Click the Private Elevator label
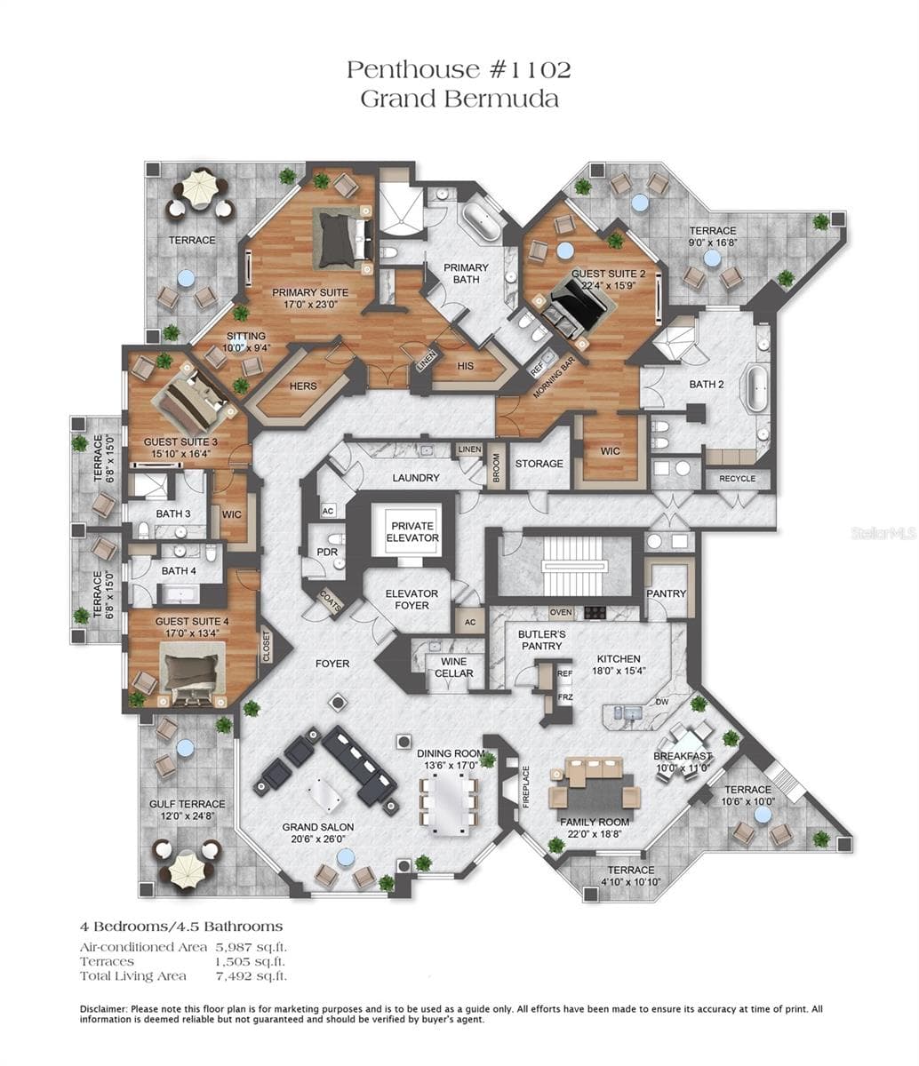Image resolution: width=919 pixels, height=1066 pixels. [412, 532]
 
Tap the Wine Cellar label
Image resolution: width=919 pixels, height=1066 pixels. [453, 667]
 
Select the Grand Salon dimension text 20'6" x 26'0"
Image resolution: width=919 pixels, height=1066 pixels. [318, 839]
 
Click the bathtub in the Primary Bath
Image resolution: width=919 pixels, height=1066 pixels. [481, 220]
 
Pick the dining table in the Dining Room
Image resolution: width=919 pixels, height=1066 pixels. [450, 804]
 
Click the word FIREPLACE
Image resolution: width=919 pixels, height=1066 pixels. [526, 786]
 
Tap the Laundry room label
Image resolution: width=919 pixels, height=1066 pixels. [415, 478]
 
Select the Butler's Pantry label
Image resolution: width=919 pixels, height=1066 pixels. [541, 640]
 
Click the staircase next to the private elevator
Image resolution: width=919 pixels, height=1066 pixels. [572, 566]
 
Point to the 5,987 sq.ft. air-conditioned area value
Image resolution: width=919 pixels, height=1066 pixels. [251, 947]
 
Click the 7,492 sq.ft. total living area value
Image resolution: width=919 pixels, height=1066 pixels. [251, 976]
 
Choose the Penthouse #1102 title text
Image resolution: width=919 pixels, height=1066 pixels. [459, 69]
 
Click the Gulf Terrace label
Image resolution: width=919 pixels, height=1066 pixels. [187, 804]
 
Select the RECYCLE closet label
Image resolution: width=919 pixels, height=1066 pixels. [738, 479]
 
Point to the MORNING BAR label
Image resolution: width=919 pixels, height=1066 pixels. [554, 378]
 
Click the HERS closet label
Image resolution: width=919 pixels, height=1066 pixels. [303, 386]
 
